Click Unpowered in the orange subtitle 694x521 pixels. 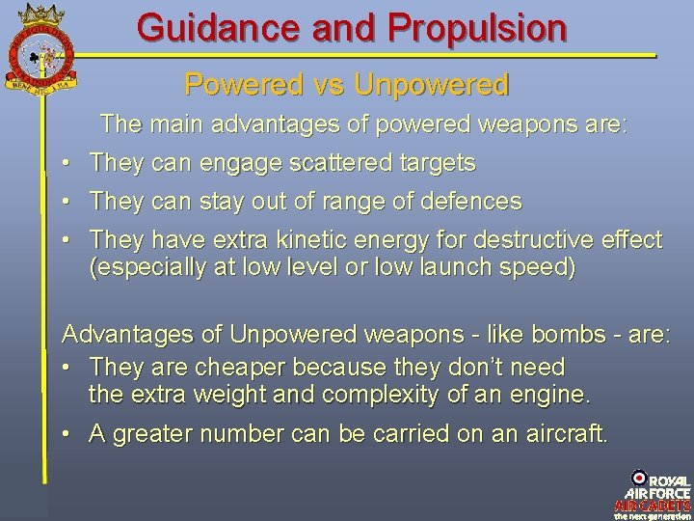coord(431,85)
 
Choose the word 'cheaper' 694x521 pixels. coord(233,368)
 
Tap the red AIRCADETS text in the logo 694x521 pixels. coord(653,506)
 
